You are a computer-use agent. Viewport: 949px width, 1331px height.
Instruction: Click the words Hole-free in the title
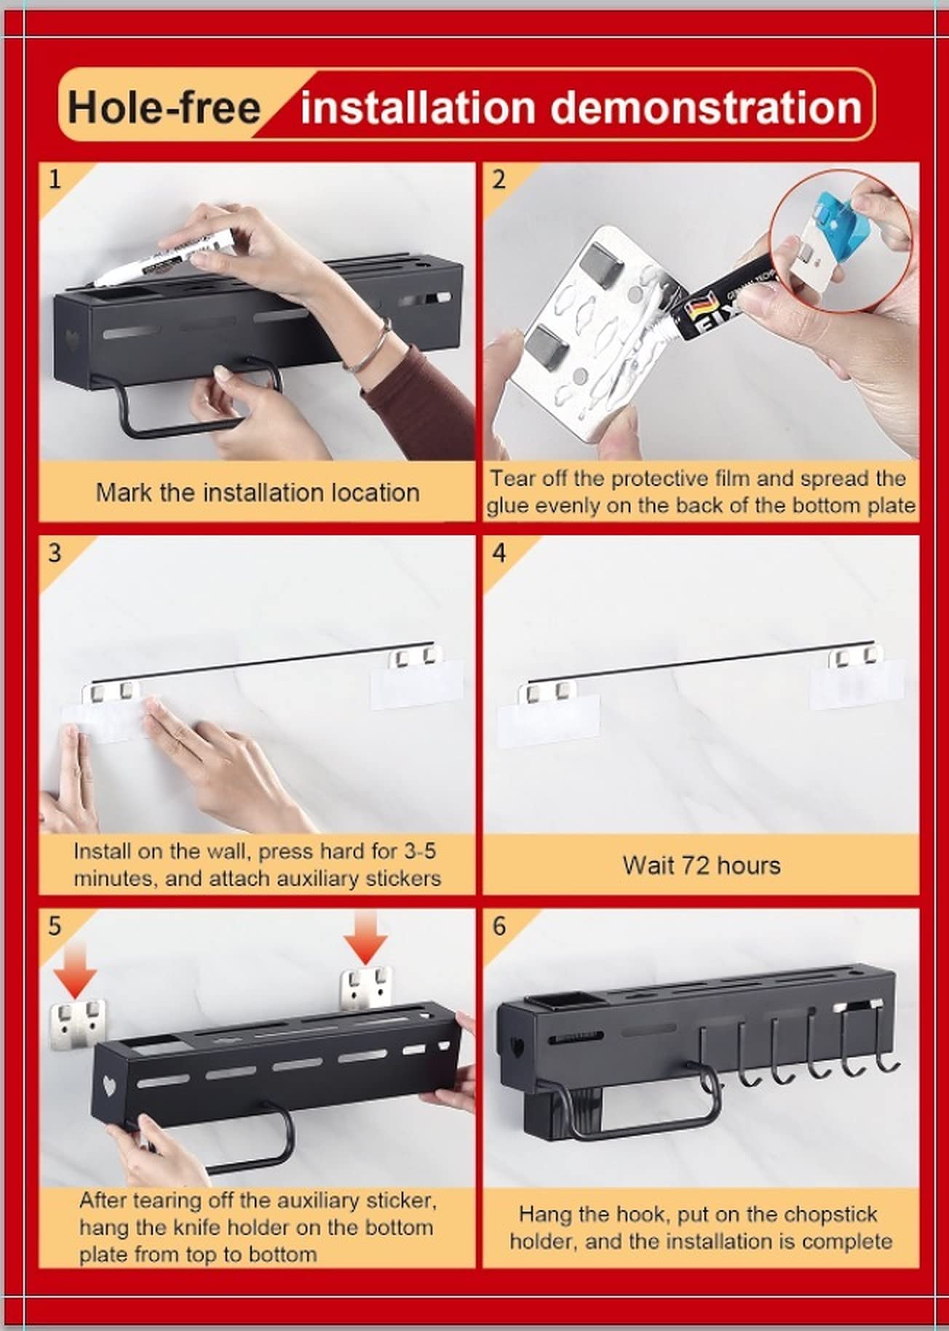(164, 107)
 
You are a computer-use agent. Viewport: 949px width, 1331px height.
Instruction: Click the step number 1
(55, 179)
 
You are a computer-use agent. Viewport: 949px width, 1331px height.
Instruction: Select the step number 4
(499, 553)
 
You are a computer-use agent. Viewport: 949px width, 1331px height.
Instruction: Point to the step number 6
(499, 926)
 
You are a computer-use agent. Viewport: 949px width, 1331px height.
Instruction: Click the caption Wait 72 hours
(702, 866)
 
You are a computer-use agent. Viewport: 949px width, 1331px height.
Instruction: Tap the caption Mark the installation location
(258, 492)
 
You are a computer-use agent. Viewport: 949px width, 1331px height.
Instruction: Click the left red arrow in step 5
(75, 968)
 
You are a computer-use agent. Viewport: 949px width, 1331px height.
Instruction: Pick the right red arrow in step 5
(365, 937)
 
